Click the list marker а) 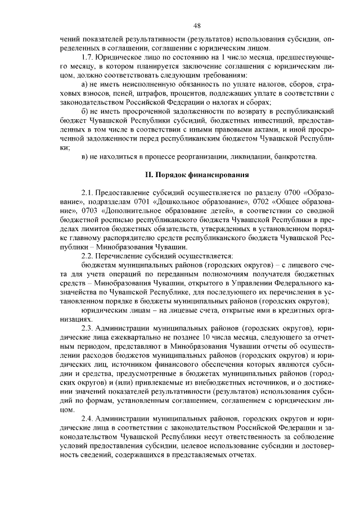point(85,84)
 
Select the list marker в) point(85,156)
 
